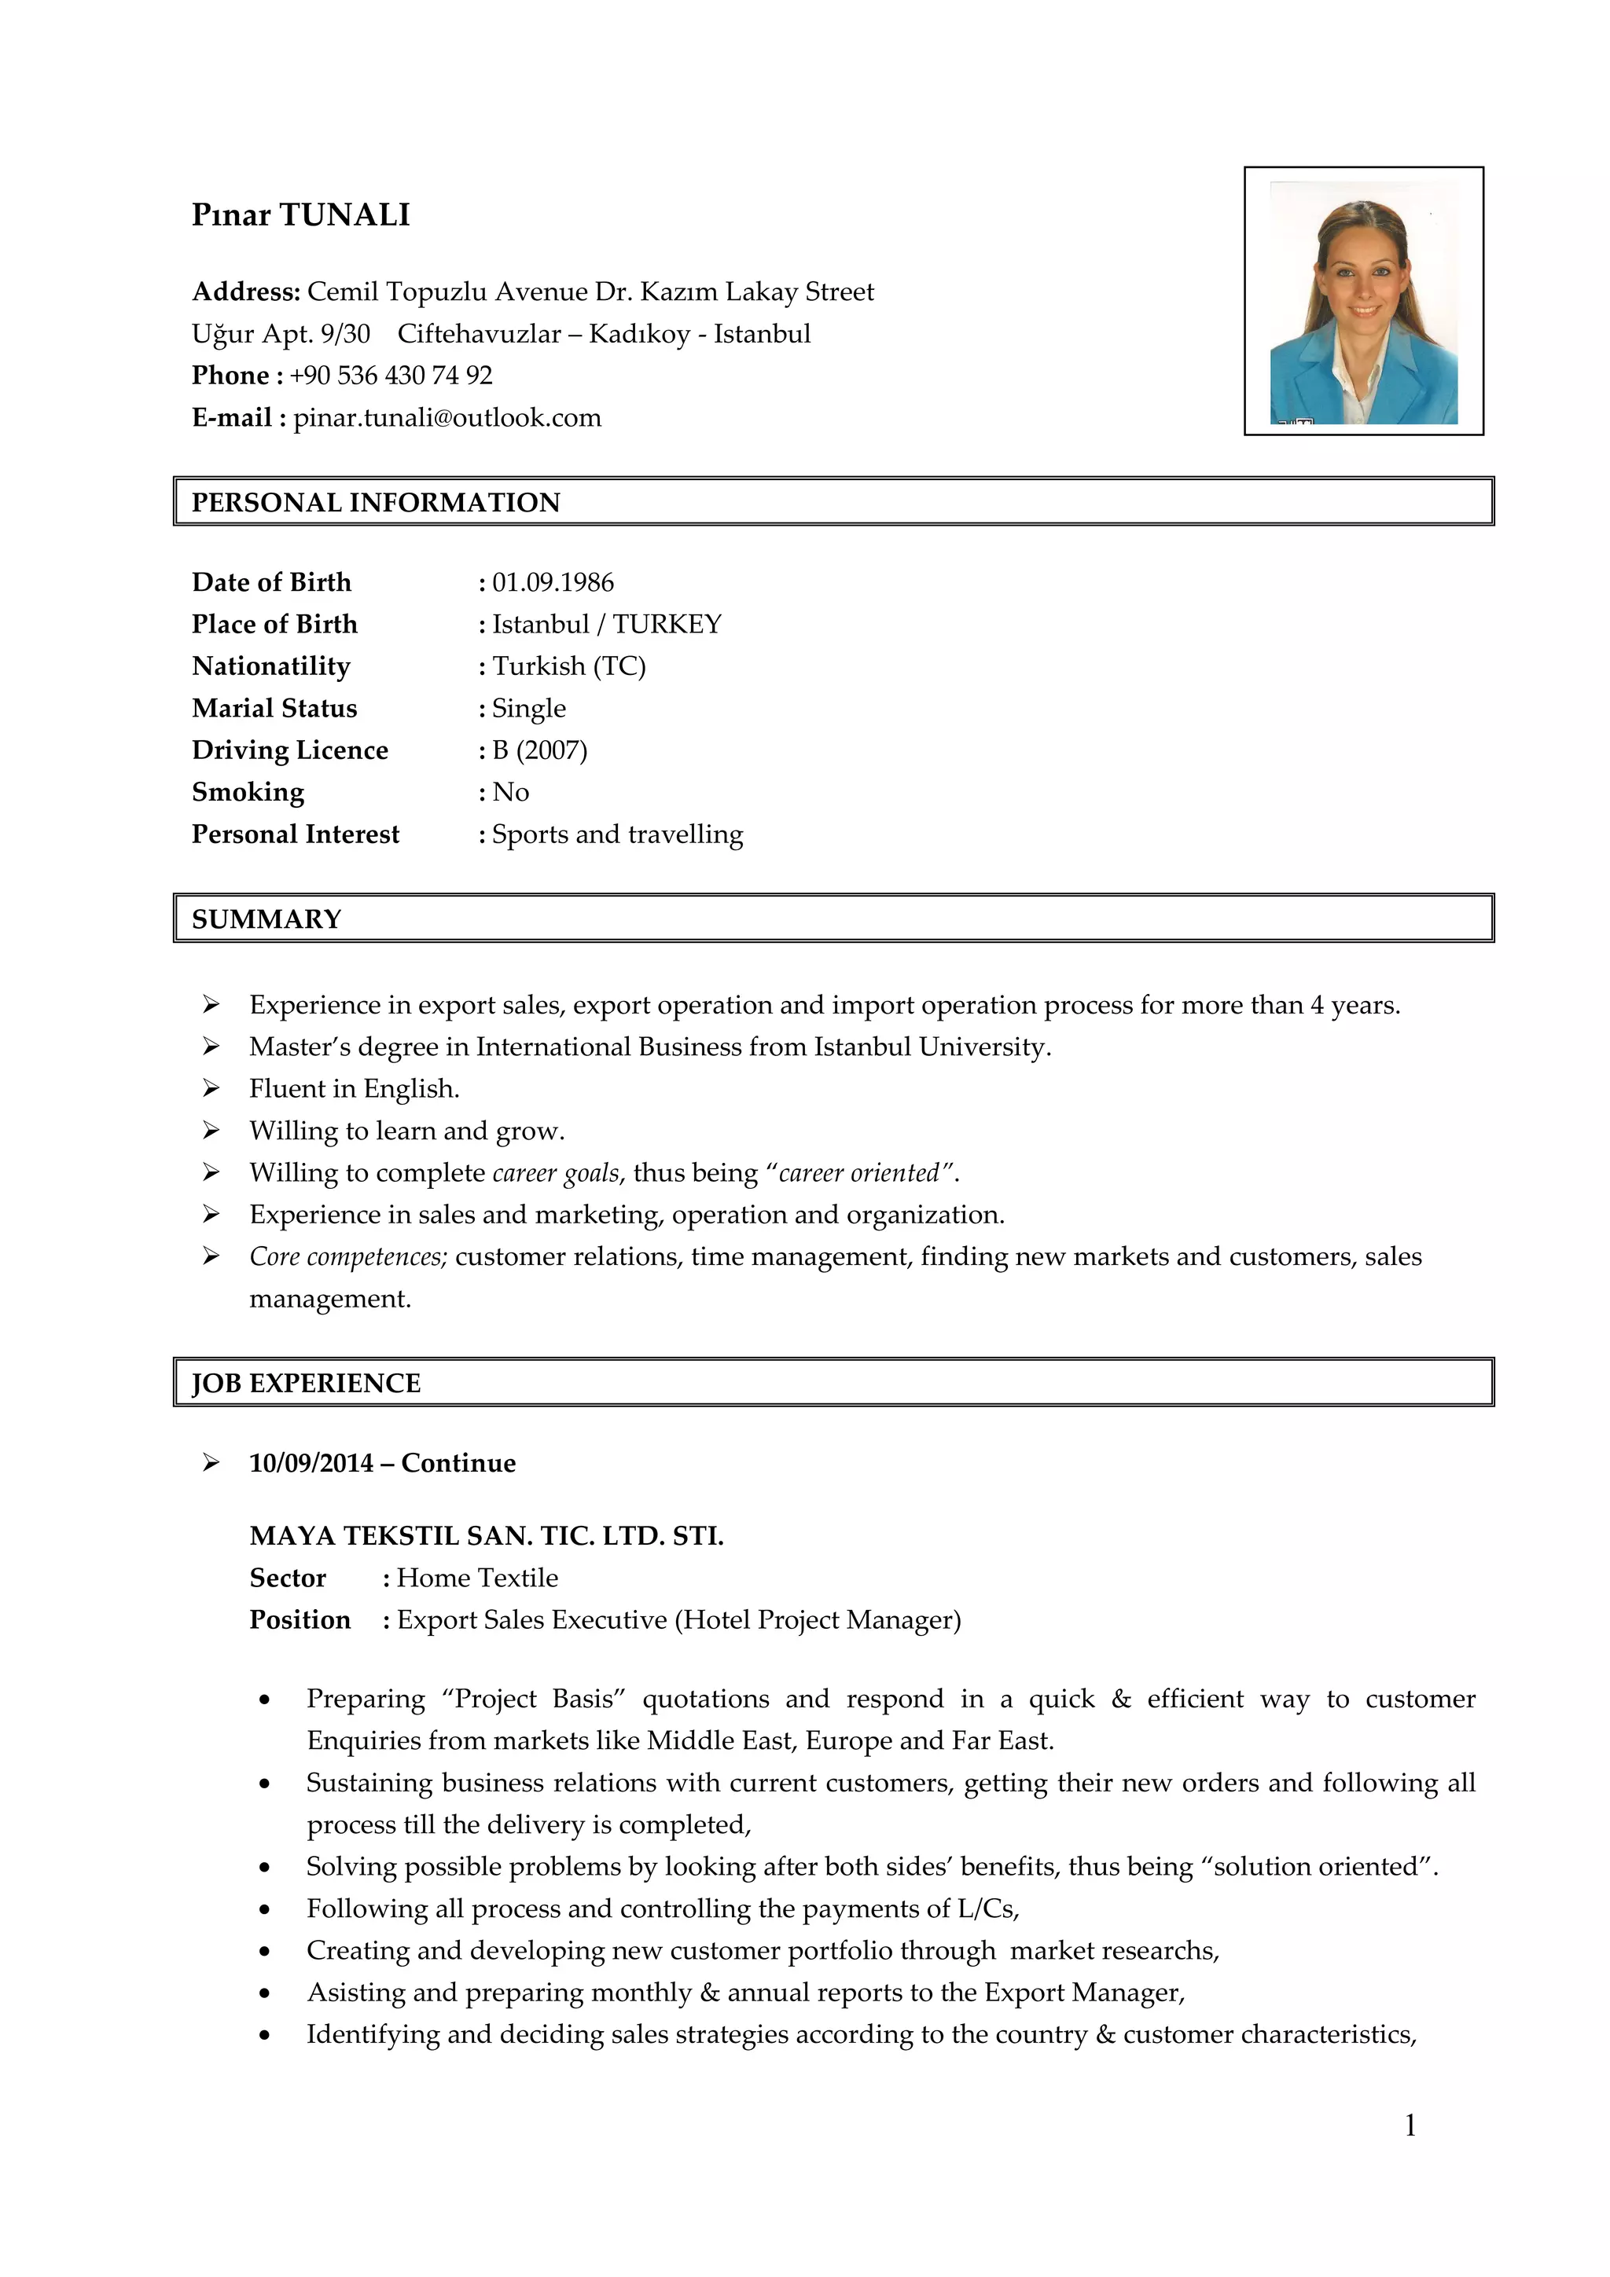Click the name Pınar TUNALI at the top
[x=300, y=214]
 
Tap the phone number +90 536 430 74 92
[x=391, y=375]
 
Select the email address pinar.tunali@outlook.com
[x=447, y=417]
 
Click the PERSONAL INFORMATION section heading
[x=375, y=503]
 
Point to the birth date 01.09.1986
[x=553, y=582]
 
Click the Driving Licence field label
[x=289, y=750]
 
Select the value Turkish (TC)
[x=568, y=665]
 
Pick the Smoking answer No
[x=510, y=791]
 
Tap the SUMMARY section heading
[x=266, y=919]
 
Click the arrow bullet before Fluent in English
[x=211, y=1088]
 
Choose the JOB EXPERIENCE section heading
[x=306, y=1384]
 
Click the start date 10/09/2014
[x=311, y=1463]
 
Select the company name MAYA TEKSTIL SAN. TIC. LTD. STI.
[x=486, y=1536]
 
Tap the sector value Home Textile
[x=477, y=1578]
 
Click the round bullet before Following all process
[x=264, y=1909]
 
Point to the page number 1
[x=1410, y=2125]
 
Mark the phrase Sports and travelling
[x=617, y=834]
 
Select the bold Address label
[x=245, y=291]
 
